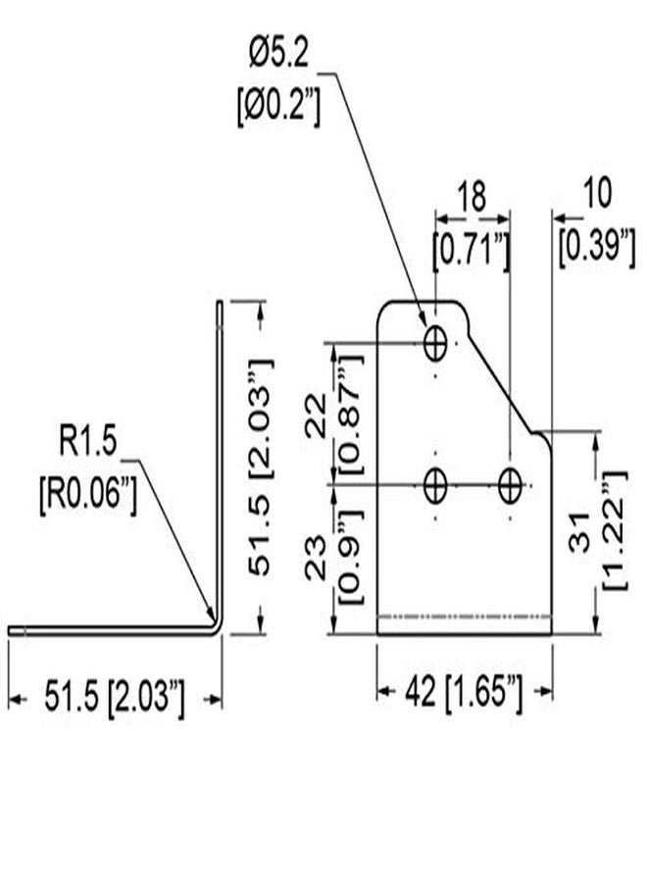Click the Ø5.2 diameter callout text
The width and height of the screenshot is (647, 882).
(x=278, y=55)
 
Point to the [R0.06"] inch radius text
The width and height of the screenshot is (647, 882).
(x=88, y=496)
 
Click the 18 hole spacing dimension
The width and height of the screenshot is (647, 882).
(x=472, y=197)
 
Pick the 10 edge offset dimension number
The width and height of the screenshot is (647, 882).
(x=596, y=194)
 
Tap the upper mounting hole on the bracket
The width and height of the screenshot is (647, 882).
(x=435, y=342)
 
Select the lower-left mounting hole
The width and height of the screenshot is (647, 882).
(x=435, y=484)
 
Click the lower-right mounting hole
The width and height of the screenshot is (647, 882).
(x=510, y=484)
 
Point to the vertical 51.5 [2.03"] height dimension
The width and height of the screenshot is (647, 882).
(x=260, y=468)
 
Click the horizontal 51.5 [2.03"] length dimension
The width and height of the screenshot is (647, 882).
(x=115, y=698)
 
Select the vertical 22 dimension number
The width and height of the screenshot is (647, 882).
(x=316, y=416)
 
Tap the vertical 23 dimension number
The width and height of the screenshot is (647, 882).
(x=316, y=558)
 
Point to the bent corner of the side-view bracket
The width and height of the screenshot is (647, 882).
(x=216, y=627)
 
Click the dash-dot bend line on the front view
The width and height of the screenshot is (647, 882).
(x=464, y=616)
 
